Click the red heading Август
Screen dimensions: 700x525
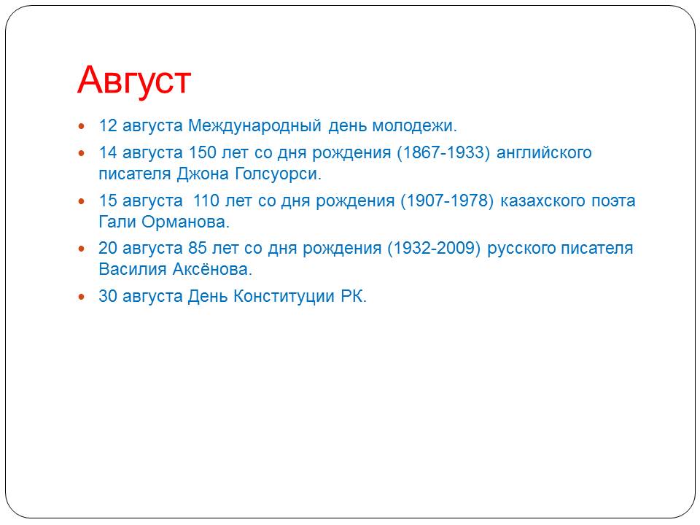coord(134,81)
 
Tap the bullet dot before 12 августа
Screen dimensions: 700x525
coord(81,126)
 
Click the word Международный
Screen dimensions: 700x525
coord(254,126)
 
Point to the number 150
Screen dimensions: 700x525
coord(202,152)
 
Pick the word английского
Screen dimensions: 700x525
coord(544,153)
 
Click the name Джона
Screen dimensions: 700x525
coord(203,174)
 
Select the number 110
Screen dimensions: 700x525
coord(206,201)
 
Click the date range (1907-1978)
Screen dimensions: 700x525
coord(447,201)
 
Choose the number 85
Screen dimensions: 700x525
coord(198,248)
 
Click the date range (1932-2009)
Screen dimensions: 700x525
coord(434,248)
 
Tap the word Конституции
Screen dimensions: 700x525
coord(284,297)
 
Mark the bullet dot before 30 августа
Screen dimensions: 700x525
coord(81,297)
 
